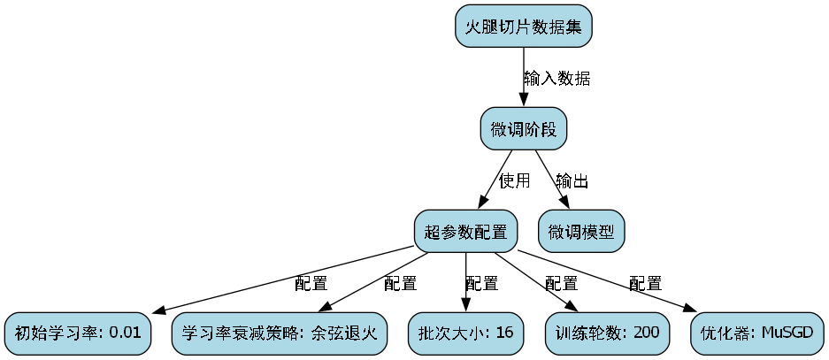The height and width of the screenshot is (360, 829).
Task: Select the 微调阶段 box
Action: pos(523,129)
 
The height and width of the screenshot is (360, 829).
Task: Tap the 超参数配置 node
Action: pos(465,232)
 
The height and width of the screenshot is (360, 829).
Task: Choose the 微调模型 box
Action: pos(581,232)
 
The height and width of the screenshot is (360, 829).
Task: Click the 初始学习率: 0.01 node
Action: pos(77,333)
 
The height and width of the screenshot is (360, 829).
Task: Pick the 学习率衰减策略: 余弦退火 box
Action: pos(280,333)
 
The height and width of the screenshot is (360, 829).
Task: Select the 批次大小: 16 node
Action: pos(465,333)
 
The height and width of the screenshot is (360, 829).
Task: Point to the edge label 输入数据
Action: pos(557,78)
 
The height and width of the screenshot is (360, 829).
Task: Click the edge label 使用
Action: pos(514,181)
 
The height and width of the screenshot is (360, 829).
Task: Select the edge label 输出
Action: pos(572,181)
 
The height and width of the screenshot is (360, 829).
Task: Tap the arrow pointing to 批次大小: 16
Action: pos(465,282)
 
